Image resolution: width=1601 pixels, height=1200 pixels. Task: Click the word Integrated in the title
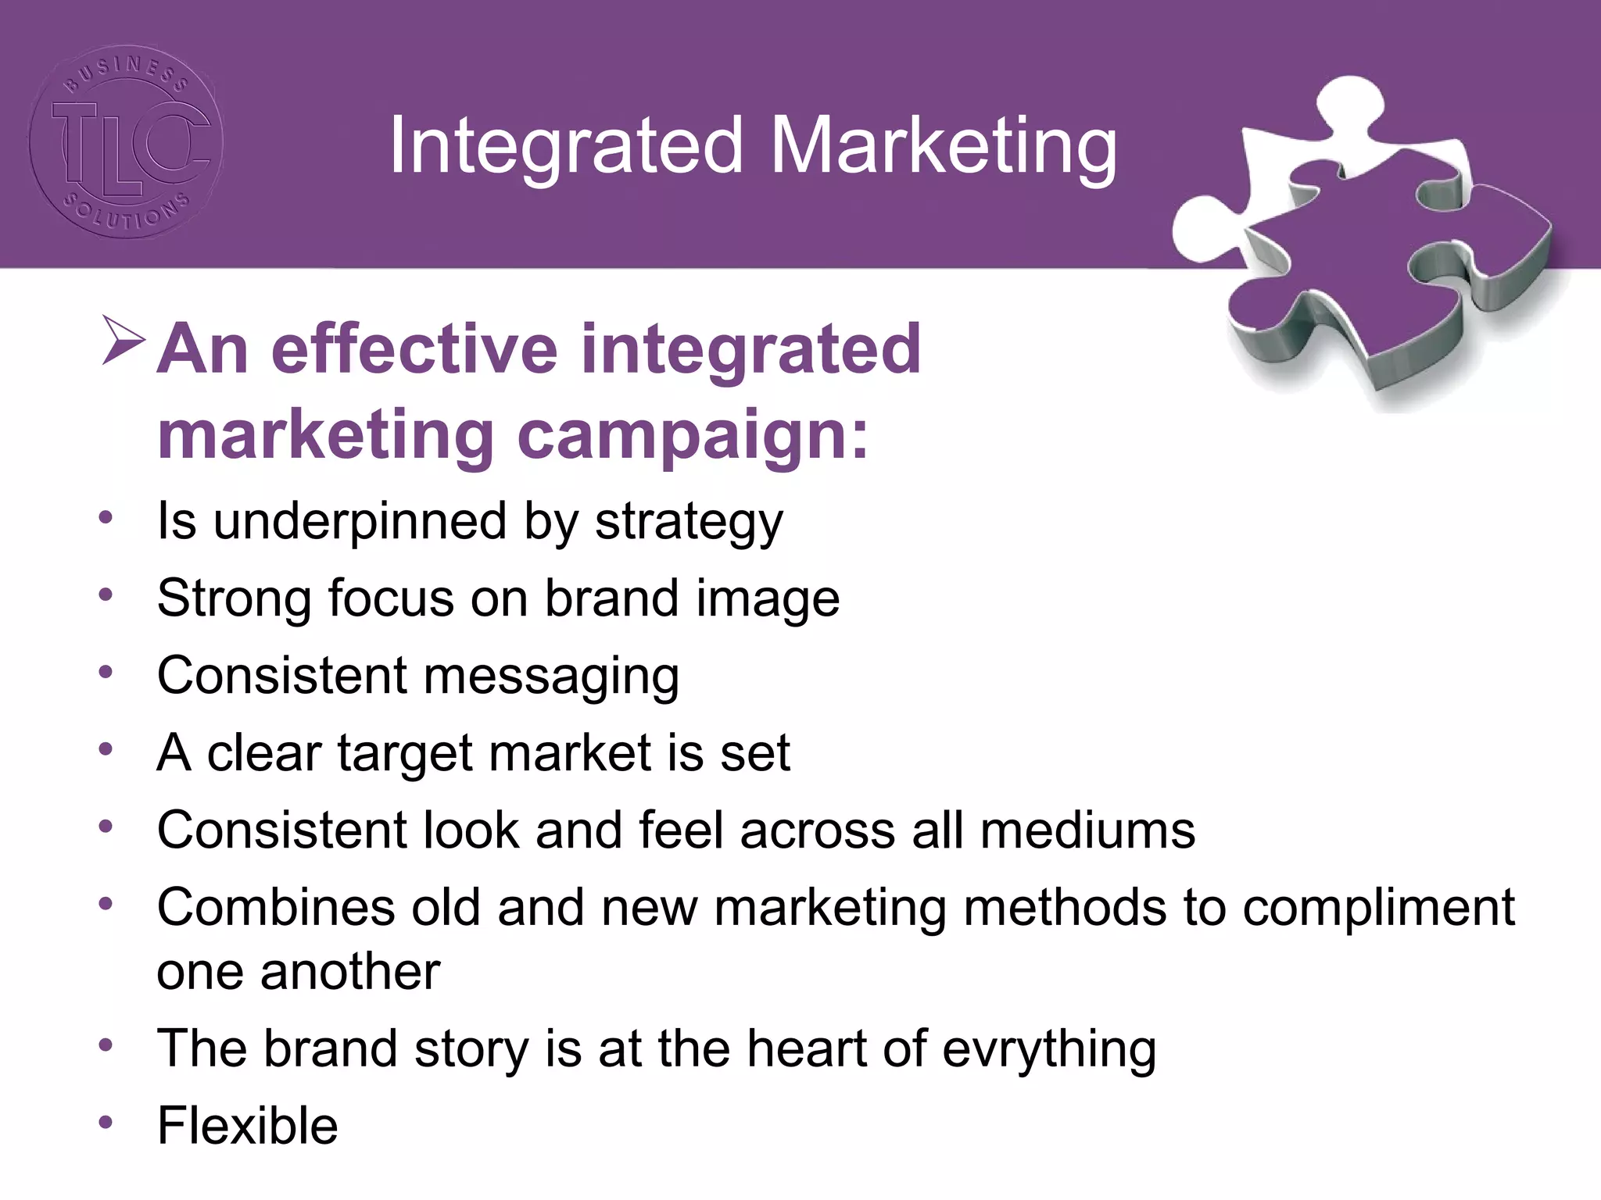click(565, 147)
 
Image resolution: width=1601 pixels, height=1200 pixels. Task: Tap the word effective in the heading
click(414, 349)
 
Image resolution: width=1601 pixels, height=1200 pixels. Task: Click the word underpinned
click(360, 521)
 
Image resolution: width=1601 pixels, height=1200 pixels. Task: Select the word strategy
click(689, 523)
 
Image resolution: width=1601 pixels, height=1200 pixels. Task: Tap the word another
click(349, 972)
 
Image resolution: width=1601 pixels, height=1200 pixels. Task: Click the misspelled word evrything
click(1048, 1049)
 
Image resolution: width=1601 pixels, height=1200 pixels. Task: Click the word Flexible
click(247, 1126)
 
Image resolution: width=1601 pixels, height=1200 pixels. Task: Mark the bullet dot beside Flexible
click(106, 1123)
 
